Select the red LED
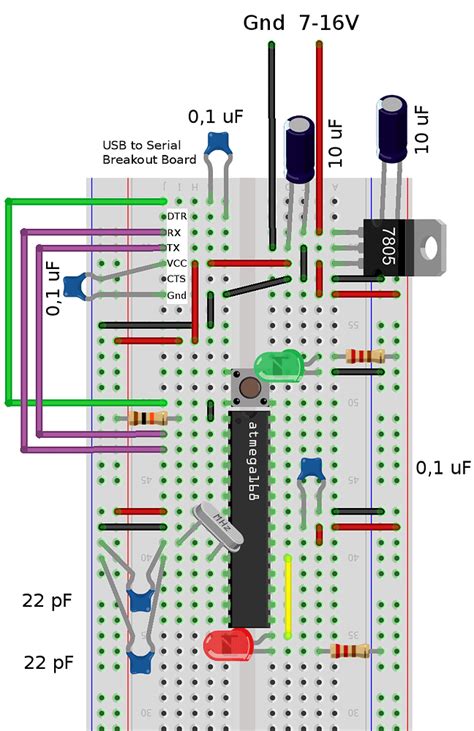pos(227,643)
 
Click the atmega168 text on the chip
pos(251,466)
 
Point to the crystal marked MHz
pos(217,527)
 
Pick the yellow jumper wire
pos(288,596)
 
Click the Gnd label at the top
pos(264,22)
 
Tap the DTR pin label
pos(176,215)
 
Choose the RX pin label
pos(174,231)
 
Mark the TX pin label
pos(174,247)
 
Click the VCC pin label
pos(176,263)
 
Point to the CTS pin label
pos(176,279)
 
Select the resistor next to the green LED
pos(364,356)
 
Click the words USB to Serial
pos(139,145)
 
